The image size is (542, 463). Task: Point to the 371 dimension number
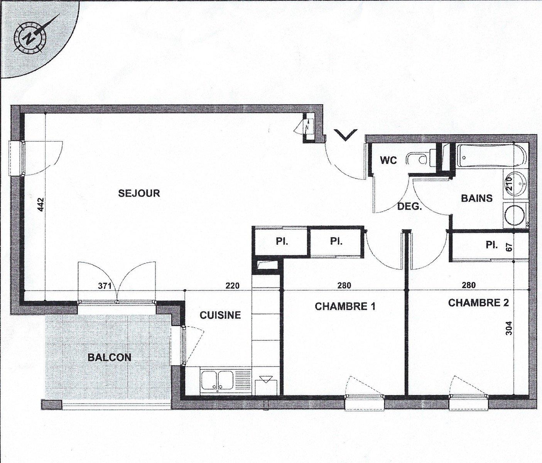[105, 286]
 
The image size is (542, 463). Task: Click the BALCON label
[109, 357]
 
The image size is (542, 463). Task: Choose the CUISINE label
[220, 315]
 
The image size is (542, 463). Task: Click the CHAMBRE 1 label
[345, 306]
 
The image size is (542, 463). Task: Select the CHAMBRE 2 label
[478, 303]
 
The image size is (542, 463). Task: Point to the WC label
[388, 160]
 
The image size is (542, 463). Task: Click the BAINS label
[477, 198]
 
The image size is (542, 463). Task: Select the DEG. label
[410, 207]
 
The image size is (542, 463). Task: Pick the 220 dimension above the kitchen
[233, 286]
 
